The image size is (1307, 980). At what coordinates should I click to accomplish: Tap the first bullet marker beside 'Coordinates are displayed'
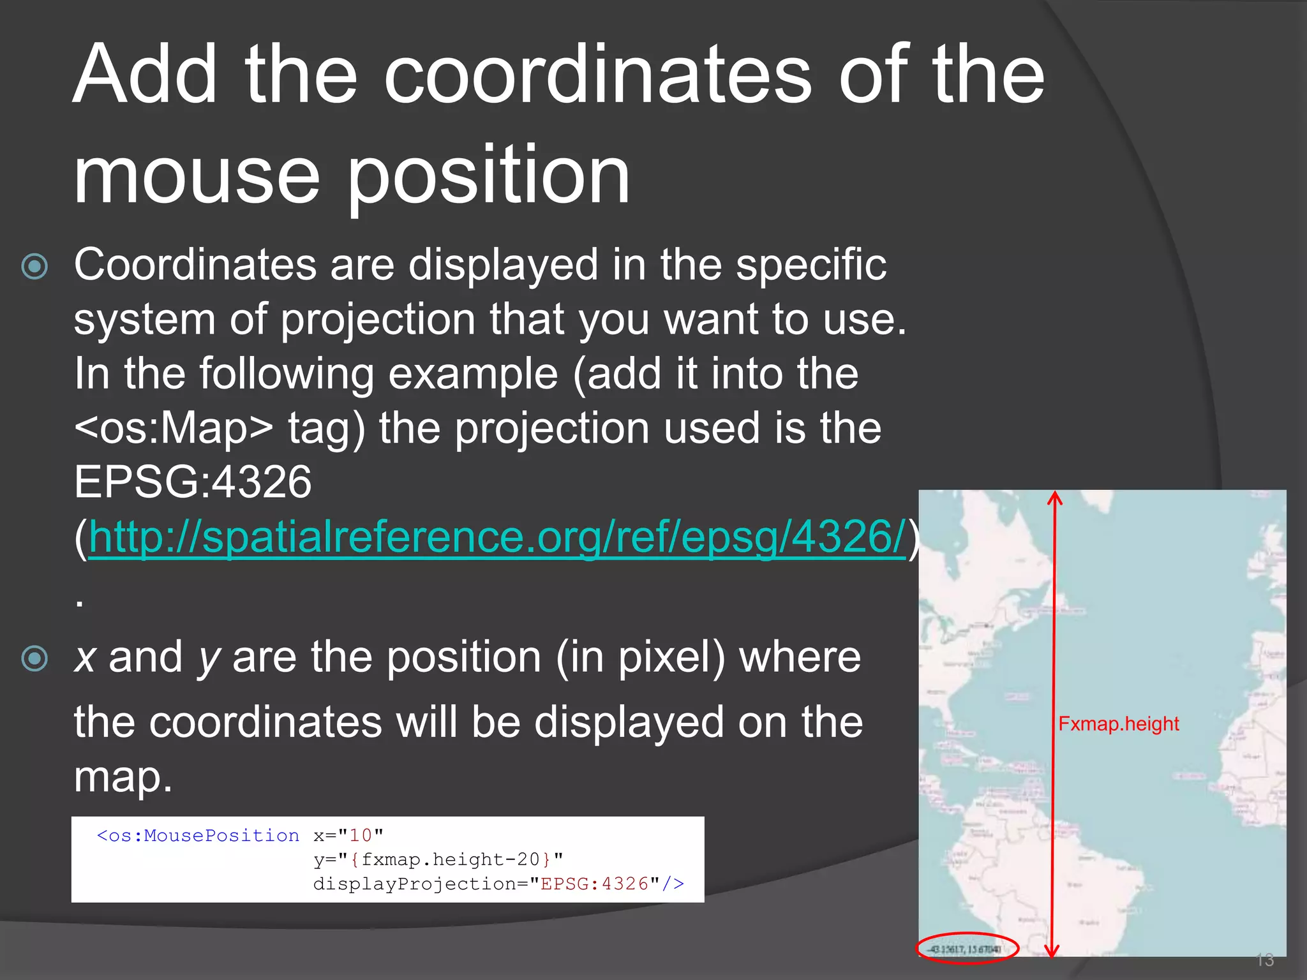click(x=34, y=267)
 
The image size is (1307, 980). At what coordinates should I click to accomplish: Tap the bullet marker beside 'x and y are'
click(x=34, y=658)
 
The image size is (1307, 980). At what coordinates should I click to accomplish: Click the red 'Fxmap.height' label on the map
click(x=1118, y=724)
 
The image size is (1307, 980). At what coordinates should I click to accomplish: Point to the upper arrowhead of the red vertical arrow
click(x=1054, y=497)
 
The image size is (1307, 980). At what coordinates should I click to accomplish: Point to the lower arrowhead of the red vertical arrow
click(x=1053, y=951)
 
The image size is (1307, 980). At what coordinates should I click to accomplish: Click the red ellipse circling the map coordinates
click(x=967, y=949)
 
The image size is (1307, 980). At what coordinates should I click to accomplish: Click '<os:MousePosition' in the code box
click(x=198, y=836)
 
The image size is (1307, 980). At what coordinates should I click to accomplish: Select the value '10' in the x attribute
click(x=361, y=836)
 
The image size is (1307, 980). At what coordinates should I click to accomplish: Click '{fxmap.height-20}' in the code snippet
click(x=450, y=860)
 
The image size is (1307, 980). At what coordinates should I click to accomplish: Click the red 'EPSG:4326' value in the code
click(x=594, y=884)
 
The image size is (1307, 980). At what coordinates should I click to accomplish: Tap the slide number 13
click(x=1264, y=960)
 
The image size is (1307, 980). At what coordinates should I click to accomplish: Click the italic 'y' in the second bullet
click(x=209, y=658)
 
